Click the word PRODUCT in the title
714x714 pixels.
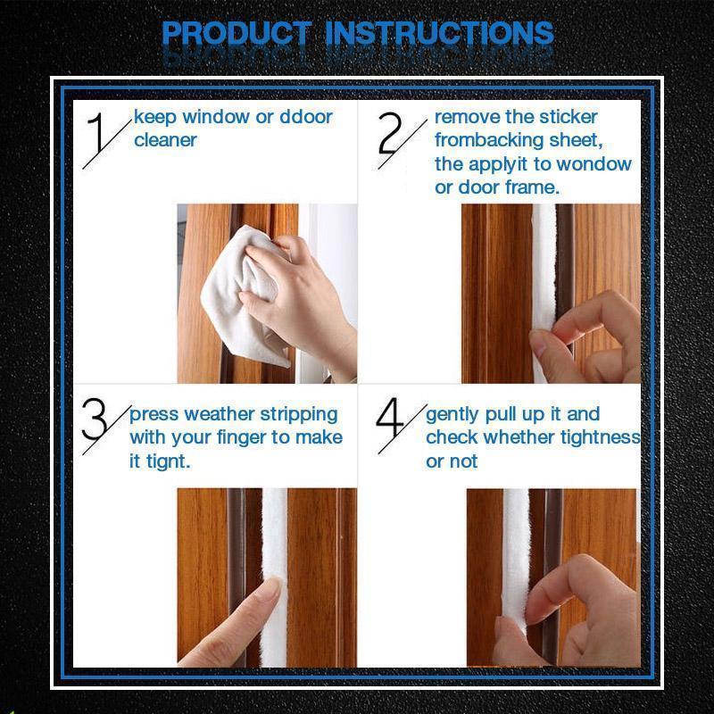pyautogui.click(x=237, y=33)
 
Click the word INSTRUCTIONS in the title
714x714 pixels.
pyautogui.click(x=440, y=33)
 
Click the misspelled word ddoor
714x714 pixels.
pyautogui.click(x=306, y=117)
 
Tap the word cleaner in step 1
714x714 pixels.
pyautogui.click(x=165, y=140)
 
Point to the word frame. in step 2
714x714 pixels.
pyautogui.click(x=531, y=187)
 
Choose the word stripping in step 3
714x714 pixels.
pyautogui.click(x=299, y=415)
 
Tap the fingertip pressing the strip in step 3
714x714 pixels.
pyautogui.click(x=270, y=586)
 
